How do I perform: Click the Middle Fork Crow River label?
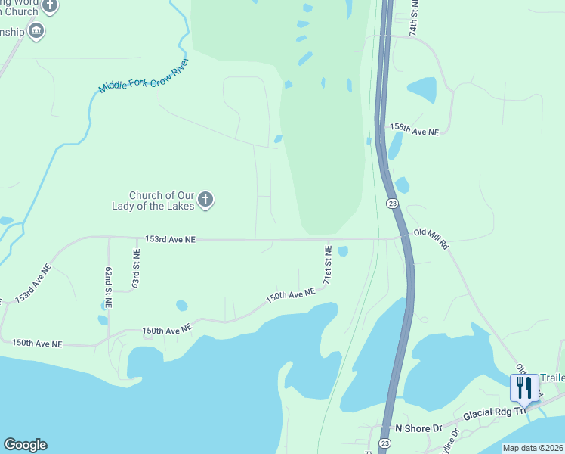[x=144, y=76]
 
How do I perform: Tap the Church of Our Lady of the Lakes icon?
[x=205, y=201]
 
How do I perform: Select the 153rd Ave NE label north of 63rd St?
[x=171, y=239]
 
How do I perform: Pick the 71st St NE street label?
[x=329, y=264]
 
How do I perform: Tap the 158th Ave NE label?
[x=414, y=131]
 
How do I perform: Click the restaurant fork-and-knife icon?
[x=524, y=389]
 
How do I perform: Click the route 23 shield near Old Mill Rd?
[x=391, y=204]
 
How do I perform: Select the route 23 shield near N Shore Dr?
[x=385, y=443]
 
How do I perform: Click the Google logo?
[x=25, y=445]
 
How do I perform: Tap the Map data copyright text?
[x=533, y=448]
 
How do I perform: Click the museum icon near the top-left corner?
[x=36, y=31]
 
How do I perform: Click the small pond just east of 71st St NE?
[x=343, y=251]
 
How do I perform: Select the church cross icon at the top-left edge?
[x=50, y=6]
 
